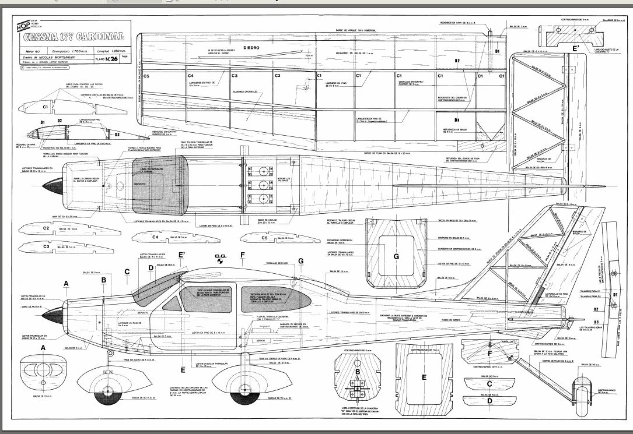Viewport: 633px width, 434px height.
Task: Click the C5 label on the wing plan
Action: point(146,76)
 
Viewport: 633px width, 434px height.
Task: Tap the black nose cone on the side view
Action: point(54,313)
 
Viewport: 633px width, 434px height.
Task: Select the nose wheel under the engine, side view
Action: point(106,392)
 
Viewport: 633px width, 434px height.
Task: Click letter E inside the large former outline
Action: point(424,377)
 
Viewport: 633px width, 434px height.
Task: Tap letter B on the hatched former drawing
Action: point(358,371)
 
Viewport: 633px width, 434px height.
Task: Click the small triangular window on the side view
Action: point(170,302)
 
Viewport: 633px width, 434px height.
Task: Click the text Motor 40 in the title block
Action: point(25,51)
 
